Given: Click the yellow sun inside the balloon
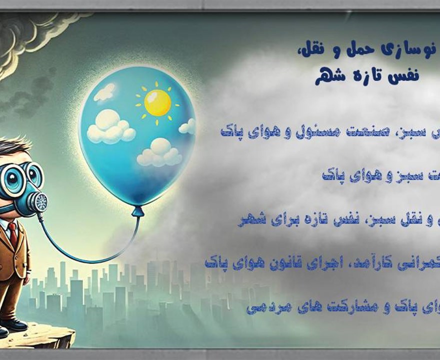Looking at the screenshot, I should pos(157,102).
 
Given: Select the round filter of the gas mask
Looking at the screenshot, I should pos(37,201).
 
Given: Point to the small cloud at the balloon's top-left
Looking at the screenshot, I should pos(104,92).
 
